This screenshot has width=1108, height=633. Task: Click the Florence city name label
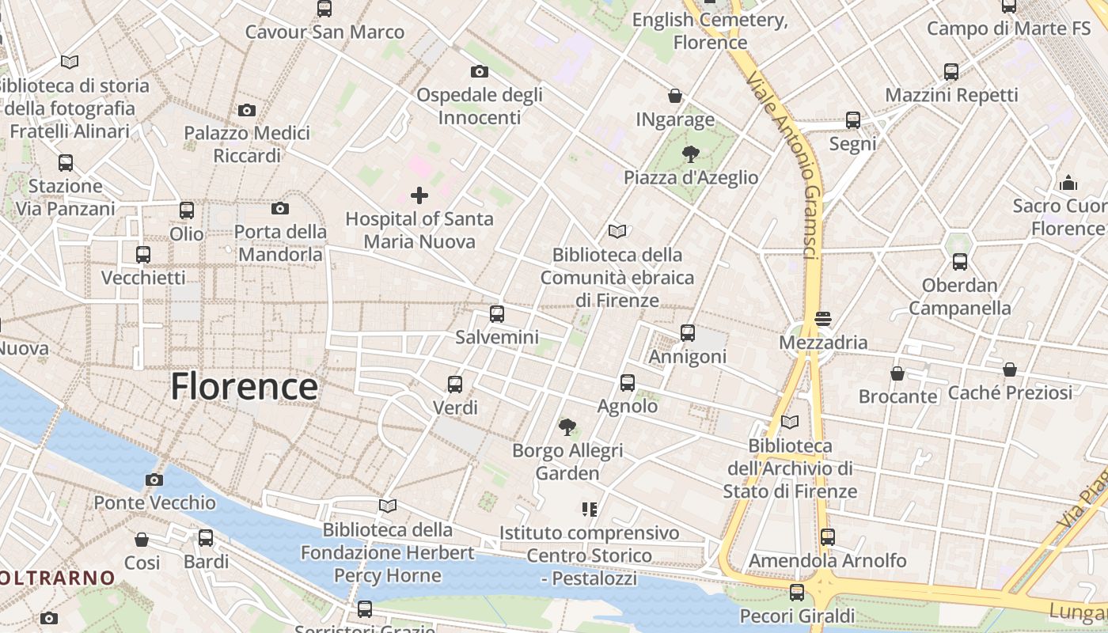(245, 387)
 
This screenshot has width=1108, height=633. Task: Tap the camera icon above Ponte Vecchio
(154, 479)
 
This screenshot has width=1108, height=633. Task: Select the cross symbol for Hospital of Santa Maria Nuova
(419, 195)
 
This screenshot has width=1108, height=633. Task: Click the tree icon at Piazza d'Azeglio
(691, 154)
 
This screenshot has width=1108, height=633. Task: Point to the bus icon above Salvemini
(497, 314)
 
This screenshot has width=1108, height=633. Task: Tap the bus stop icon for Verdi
(455, 385)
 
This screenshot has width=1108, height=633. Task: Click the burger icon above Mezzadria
(823, 319)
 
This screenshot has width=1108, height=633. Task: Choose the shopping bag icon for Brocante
(897, 373)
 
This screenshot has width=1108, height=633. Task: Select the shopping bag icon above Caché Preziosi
(1010, 370)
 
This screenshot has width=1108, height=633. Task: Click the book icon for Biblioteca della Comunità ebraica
(617, 231)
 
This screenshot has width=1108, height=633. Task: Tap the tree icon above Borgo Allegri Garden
(567, 427)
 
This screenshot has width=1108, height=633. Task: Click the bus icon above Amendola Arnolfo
(828, 537)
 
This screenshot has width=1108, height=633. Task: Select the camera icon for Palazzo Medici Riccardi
(247, 110)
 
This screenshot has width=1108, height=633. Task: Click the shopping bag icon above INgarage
(675, 96)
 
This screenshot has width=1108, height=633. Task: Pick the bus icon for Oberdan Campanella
(960, 262)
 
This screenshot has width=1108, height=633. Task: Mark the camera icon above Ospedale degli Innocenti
(479, 72)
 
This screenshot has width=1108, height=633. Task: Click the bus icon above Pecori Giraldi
(797, 592)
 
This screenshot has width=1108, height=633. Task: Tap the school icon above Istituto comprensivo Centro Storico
(589, 509)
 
